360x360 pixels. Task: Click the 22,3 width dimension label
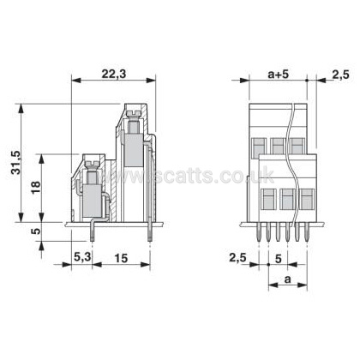[114, 74]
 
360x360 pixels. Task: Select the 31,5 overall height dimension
[16, 162]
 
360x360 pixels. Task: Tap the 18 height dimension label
[36, 188]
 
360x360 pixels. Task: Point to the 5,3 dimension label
[82, 258]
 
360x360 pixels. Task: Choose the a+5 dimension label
[279, 75]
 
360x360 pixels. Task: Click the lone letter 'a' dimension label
[287, 279]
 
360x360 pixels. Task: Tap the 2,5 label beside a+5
[340, 75]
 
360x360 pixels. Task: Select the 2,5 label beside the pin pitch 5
[237, 258]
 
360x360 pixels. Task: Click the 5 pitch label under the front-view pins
[279, 258]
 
